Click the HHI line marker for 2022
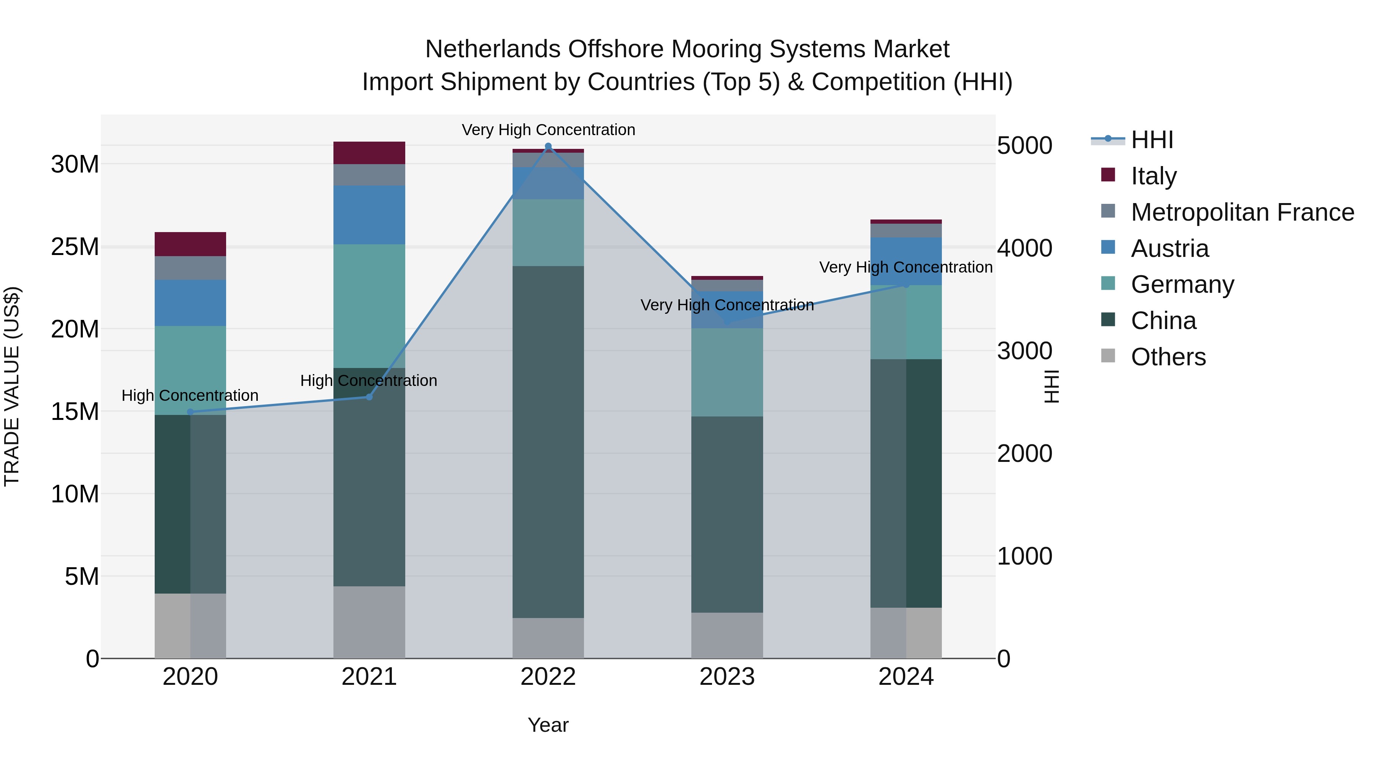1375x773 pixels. pyautogui.click(x=548, y=146)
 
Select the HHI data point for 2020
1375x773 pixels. pyautogui.click(x=190, y=412)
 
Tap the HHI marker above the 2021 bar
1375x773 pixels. pyautogui.click(x=369, y=397)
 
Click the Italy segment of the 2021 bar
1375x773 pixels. pyautogui.click(x=369, y=153)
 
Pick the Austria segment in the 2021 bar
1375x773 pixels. pyautogui.click(x=369, y=215)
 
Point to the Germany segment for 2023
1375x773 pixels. pyautogui.click(x=726, y=372)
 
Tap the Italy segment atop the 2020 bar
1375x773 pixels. pyautogui.click(x=190, y=244)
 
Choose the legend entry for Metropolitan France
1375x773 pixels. pyautogui.click(x=1242, y=212)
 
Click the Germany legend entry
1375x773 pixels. pyautogui.click(x=1182, y=284)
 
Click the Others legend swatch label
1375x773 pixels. pyautogui.click(x=1168, y=357)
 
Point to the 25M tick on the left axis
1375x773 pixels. pyautogui.click(x=75, y=247)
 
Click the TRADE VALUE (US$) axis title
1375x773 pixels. pyautogui.click(x=12, y=386)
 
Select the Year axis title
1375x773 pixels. pyautogui.click(x=548, y=725)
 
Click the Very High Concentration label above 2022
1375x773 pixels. pyautogui.click(x=548, y=130)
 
